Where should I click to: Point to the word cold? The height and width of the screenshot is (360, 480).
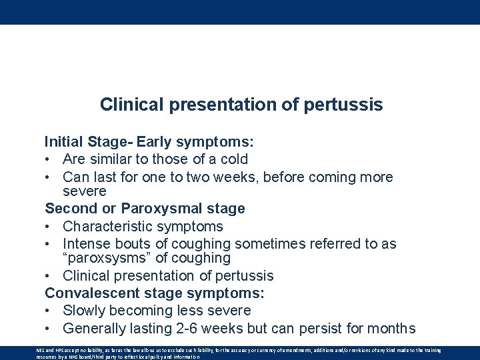point(233,159)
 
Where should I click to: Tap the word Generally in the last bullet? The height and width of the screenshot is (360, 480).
point(95,329)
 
